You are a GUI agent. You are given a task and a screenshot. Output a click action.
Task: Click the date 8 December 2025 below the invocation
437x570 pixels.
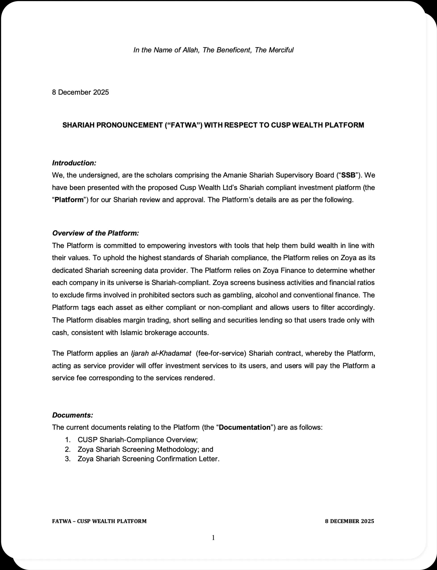pyautogui.click(x=80, y=92)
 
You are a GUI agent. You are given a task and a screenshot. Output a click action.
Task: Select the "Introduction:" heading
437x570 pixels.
pyautogui.click(x=74, y=163)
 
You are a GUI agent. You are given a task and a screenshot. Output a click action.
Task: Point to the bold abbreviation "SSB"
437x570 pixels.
pyautogui.click(x=348, y=175)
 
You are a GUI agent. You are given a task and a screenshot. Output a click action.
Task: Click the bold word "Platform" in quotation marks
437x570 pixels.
pyautogui.click(x=69, y=200)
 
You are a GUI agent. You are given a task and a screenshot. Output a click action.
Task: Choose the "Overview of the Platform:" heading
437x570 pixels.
pyautogui.click(x=96, y=233)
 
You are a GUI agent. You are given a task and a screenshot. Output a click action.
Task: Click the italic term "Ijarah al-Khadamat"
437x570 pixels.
pyautogui.click(x=161, y=353)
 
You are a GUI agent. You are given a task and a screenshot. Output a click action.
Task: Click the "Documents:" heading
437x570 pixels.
pyautogui.click(x=73, y=415)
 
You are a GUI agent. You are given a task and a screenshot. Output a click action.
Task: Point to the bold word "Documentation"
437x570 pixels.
pyautogui.click(x=245, y=428)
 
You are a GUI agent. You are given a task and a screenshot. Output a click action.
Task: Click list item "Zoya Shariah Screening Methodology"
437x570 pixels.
pyautogui.click(x=145, y=450)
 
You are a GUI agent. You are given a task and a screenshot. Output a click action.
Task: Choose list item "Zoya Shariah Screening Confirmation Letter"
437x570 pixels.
pyautogui.click(x=148, y=459)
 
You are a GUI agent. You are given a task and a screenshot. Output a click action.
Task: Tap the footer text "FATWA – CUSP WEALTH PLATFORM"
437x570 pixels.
pyautogui.click(x=99, y=521)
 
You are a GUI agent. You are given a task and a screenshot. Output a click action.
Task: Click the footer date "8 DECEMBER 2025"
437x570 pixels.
pyautogui.click(x=349, y=521)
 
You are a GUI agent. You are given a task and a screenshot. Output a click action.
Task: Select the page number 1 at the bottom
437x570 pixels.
pyautogui.click(x=213, y=538)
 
